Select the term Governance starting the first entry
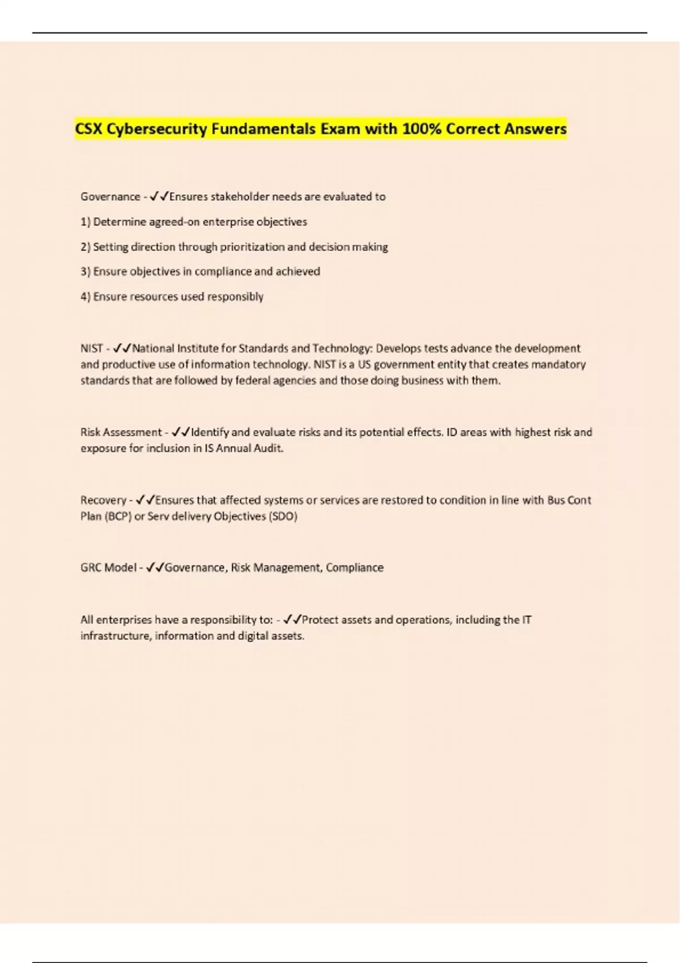click(x=110, y=197)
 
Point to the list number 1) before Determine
click(x=86, y=221)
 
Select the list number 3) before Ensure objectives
click(x=86, y=271)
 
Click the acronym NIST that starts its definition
click(x=92, y=348)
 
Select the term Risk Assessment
click(x=121, y=432)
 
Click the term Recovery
click(x=103, y=500)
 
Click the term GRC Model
click(x=108, y=568)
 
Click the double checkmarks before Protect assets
click(x=292, y=620)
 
